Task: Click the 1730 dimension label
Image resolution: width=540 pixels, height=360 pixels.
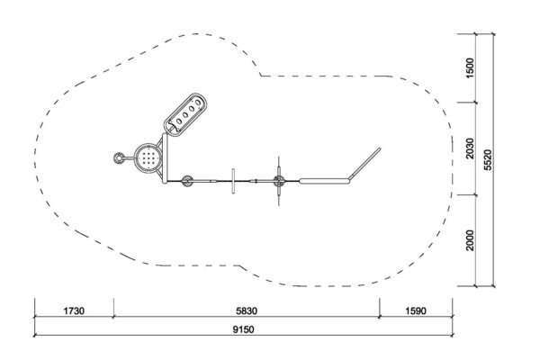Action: click(x=74, y=311)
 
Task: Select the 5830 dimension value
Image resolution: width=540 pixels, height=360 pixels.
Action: click(x=247, y=311)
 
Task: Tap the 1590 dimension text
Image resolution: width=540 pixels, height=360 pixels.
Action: click(x=416, y=311)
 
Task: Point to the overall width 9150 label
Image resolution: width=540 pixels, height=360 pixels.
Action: click(x=244, y=329)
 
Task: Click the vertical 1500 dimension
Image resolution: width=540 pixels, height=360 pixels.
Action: click(x=470, y=67)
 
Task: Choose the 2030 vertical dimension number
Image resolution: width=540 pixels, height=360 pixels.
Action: click(x=470, y=148)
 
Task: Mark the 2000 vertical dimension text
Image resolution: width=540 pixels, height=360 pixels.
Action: click(x=470, y=240)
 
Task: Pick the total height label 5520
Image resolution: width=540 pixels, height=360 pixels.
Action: click(x=488, y=159)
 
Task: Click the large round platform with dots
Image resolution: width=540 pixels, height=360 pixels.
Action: click(x=148, y=157)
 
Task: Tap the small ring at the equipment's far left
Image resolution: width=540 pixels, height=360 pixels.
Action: click(x=119, y=158)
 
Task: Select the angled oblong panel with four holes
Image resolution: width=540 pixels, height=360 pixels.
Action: click(x=185, y=113)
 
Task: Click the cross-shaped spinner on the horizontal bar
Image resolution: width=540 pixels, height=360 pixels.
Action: click(x=279, y=181)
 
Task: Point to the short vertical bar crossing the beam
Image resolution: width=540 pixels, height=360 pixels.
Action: click(x=233, y=181)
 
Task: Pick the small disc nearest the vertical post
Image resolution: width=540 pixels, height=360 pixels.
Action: click(x=187, y=181)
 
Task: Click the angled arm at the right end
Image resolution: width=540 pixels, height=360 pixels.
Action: click(x=364, y=164)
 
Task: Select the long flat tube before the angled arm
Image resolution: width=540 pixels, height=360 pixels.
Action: click(x=324, y=181)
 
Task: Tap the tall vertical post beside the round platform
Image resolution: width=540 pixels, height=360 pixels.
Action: click(x=165, y=158)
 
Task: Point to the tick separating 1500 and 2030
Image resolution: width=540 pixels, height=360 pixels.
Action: click(x=476, y=102)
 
